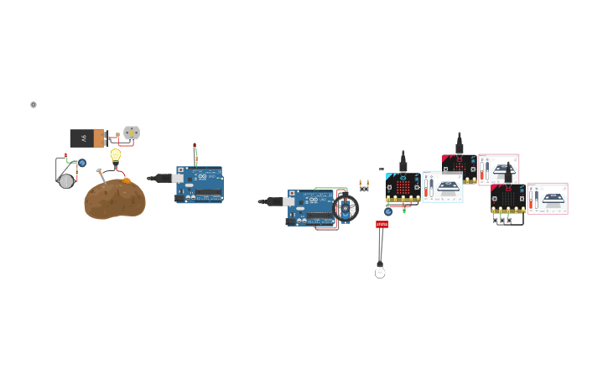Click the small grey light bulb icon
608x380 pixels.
point(34,105)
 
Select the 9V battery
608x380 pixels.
point(87,138)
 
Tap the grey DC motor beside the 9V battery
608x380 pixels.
point(132,133)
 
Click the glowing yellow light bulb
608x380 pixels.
point(116,154)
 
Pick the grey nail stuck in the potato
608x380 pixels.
point(101,174)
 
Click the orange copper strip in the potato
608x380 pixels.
point(127,179)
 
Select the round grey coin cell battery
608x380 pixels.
point(66,180)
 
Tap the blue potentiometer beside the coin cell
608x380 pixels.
point(82,163)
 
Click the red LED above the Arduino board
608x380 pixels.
point(195,148)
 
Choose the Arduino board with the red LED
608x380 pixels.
point(200,185)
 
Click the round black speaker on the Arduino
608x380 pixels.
point(345,208)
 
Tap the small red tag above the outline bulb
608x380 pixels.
point(382,224)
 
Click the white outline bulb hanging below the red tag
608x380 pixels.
point(380,271)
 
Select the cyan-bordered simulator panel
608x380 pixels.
point(443,187)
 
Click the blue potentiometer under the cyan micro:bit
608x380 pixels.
point(388,211)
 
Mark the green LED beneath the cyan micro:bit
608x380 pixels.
point(404,210)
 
